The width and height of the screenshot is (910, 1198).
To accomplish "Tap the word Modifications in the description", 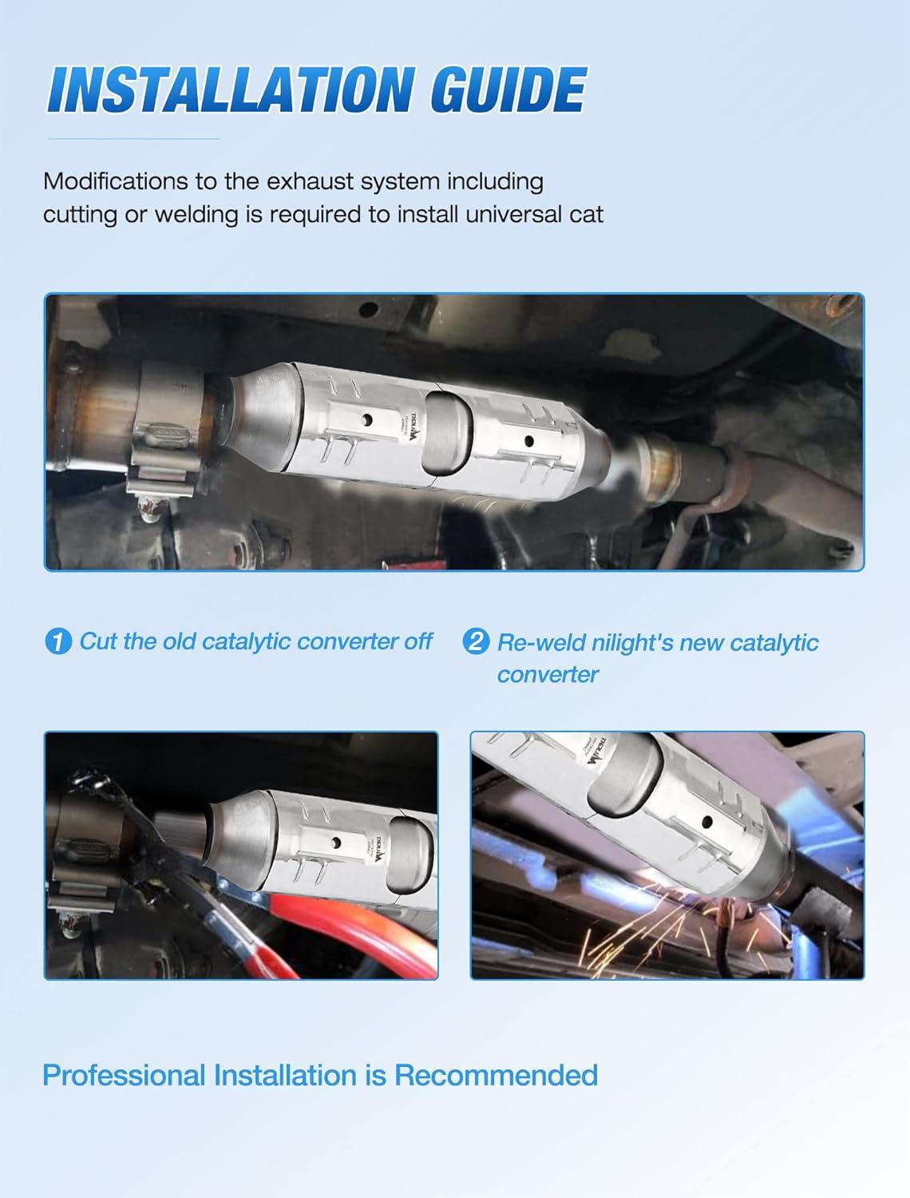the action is click(115, 181).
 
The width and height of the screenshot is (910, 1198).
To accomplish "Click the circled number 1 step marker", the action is click(58, 641).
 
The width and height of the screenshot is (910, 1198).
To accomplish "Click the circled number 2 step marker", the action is click(476, 641).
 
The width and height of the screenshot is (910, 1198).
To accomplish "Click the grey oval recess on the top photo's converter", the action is click(448, 431).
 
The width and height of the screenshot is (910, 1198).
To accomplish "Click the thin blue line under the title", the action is click(133, 139).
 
